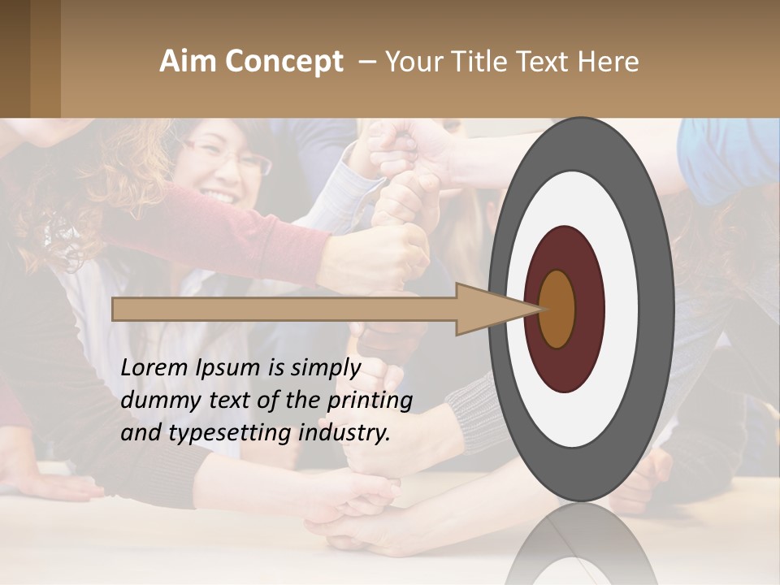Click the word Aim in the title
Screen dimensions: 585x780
click(188, 62)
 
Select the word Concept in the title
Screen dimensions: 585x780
click(284, 63)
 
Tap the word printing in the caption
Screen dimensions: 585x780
click(370, 401)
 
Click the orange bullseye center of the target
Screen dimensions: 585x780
click(557, 309)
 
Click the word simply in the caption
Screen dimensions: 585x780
click(324, 369)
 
